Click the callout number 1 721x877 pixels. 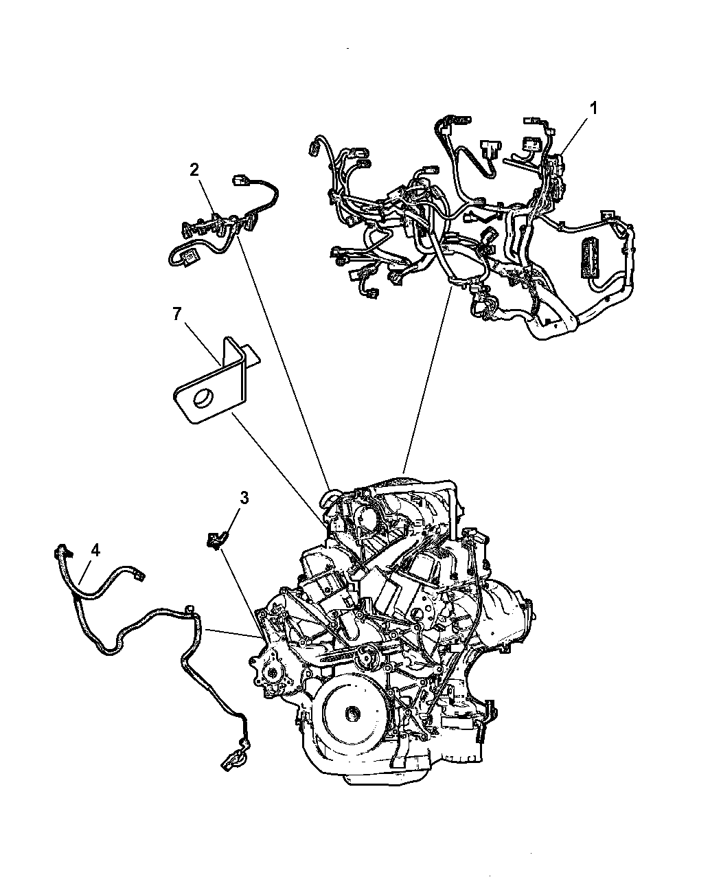pos(594,109)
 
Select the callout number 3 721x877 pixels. pos(244,498)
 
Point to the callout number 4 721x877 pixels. pos(95,551)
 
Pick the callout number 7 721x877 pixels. pos(177,314)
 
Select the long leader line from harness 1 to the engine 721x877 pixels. pos(427,380)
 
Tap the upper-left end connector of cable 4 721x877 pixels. pos(60,551)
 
